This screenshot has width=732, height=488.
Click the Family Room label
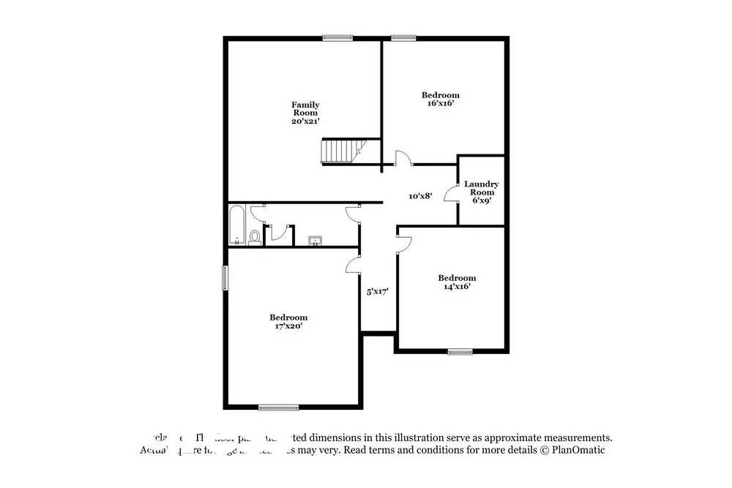coord(305,108)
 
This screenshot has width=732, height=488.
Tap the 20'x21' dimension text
coord(305,121)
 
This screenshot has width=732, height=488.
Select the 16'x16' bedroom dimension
coord(440,104)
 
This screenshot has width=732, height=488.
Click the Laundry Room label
coord(481,188)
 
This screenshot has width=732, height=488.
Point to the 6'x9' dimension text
coord(481,200)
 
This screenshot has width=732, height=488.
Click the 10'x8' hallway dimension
coord(420,196)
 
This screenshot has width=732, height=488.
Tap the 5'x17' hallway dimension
coord(377,291)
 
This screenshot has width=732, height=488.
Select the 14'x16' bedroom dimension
coord(456,287)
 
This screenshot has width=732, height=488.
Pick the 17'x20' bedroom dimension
coord(288,326)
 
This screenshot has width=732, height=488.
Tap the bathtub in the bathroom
coord(236,226)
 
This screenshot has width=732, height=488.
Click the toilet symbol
coord(254,236)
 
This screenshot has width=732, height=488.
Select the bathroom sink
coord(315,241)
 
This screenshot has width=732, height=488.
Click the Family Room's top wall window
coord(337,38)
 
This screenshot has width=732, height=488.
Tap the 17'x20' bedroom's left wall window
coord(225,278)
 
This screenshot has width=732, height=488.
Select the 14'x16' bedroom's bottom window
coord(460,352)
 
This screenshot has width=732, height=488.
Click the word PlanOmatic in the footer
coord(577,450)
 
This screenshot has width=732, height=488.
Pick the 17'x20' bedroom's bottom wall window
coord(278,408)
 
